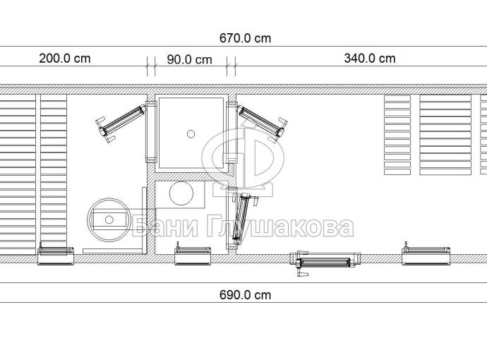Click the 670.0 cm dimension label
[245, 38]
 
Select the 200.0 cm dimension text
[65, 59]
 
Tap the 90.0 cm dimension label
[189, 59]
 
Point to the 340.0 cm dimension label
[370, 59]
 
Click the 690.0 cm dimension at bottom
[245, 295]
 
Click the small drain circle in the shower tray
[191, 134]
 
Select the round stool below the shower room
[181, 193]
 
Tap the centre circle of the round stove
[109, 220]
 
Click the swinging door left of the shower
[121, 124]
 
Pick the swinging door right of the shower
[263, 124]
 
